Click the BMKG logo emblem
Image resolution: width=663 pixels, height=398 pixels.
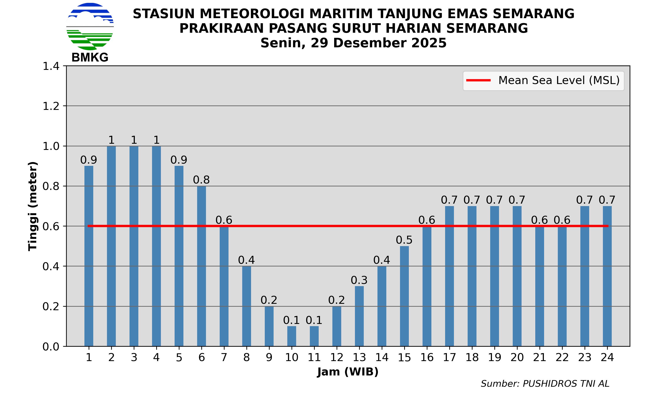[x=90, y=27]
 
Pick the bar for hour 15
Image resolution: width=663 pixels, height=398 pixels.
[x=404, y=296]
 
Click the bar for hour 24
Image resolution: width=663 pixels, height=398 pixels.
[x=607, y=276]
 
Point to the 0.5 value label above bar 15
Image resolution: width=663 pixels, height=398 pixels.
[x=404, y=240]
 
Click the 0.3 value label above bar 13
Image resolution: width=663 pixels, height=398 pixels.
[x=359, y=280]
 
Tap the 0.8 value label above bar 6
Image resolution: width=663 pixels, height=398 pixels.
[x=201, y=180]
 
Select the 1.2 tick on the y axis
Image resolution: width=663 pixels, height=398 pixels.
[x=51, y=106]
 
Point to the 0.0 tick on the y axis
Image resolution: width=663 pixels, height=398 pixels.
[x=51, y=347]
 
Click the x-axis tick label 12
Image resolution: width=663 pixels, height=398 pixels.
[x=337, y=358]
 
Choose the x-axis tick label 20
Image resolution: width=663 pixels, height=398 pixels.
[x=517, y=358]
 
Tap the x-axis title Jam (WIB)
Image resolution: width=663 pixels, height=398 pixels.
[x=348, y=372]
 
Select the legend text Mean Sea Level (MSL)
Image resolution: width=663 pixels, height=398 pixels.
[x=559, y=80]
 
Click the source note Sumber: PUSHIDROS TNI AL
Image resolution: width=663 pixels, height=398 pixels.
[x=545, y=384]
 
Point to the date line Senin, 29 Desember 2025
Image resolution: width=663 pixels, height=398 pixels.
[x=353, y=43]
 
